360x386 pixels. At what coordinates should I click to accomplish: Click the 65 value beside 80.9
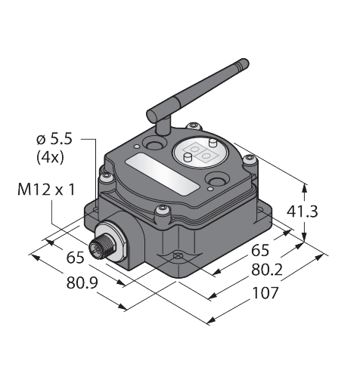point(74,258)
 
